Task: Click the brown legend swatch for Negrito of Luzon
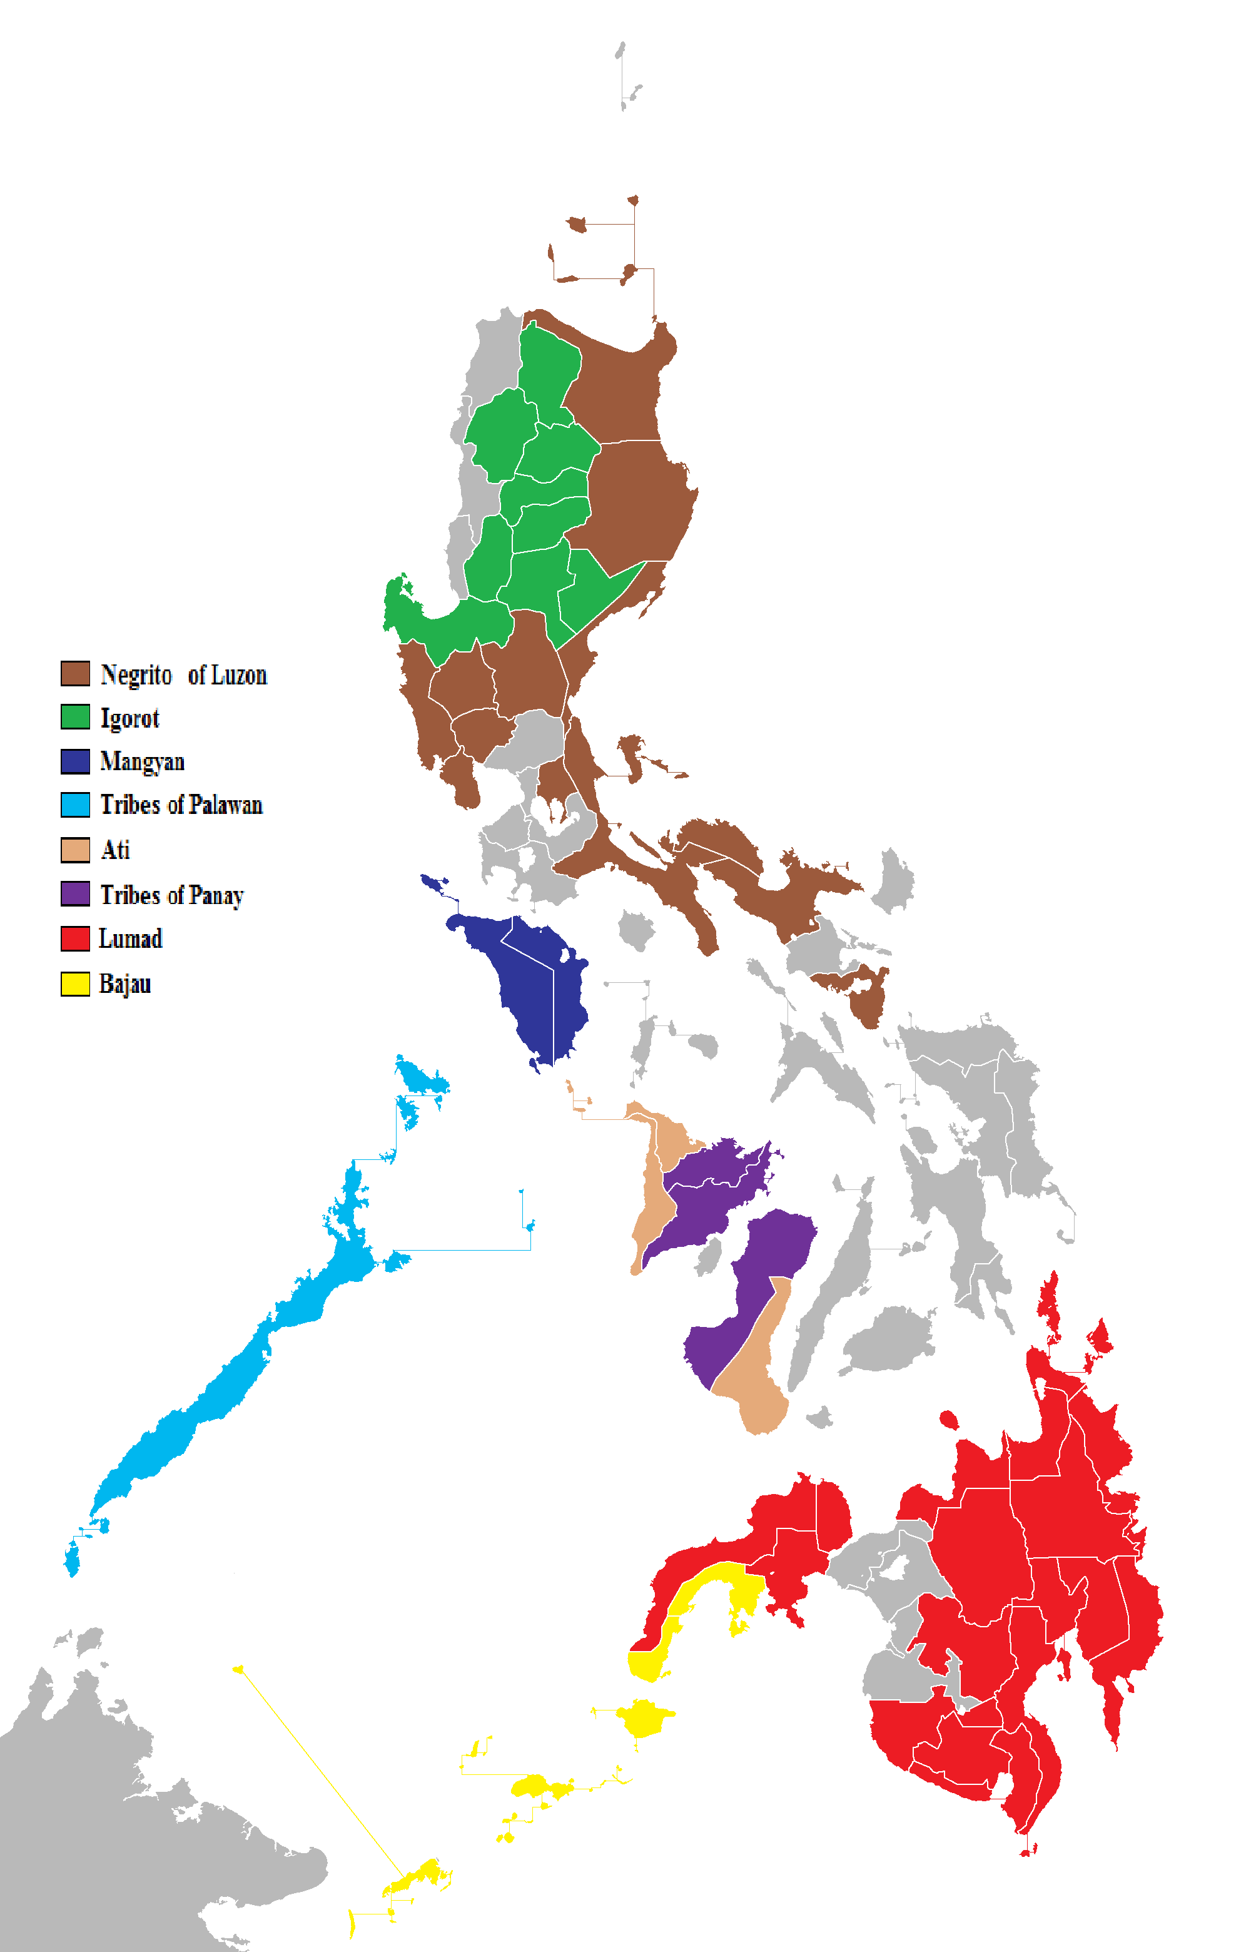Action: tap(74, 673)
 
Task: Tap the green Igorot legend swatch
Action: tap(74, 716)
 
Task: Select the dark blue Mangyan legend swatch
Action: tap(74, 761)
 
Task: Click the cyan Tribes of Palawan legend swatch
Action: tap(74, 804)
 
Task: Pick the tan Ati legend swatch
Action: tap(74, 850)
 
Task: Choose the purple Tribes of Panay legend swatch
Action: tap(74, 893)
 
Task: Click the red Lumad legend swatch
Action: tap(74, 938)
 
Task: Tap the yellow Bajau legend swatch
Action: tap(74, 984)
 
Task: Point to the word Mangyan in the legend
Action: tap(142, 762)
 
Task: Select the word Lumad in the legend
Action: tap(130, 939)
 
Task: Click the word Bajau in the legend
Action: tap(125, 984)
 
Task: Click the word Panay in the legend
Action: tap(215, 895)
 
